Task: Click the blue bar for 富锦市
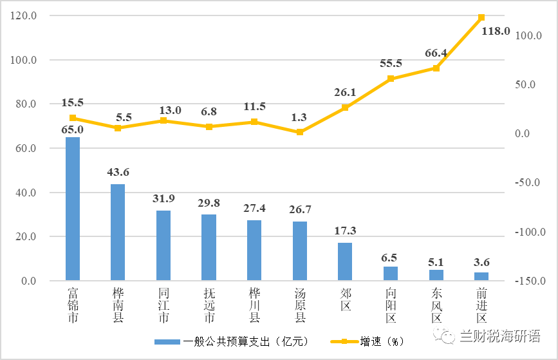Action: click(73, 209)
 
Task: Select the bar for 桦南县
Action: click(118, 232)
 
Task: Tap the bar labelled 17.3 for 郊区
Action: click(345, 261)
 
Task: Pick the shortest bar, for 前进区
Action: click(481, 277)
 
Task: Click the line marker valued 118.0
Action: click(481, 17)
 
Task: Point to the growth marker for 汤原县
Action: click(299, 132)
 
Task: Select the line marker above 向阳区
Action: click(391, 79)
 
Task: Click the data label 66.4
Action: click(436, 52)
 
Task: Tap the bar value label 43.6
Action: click(118, 172)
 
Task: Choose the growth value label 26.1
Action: click(345, 93)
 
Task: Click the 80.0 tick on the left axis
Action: click(24, 104)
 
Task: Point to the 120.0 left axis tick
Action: click(24, 15)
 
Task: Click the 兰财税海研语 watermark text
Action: click(499, 336)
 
